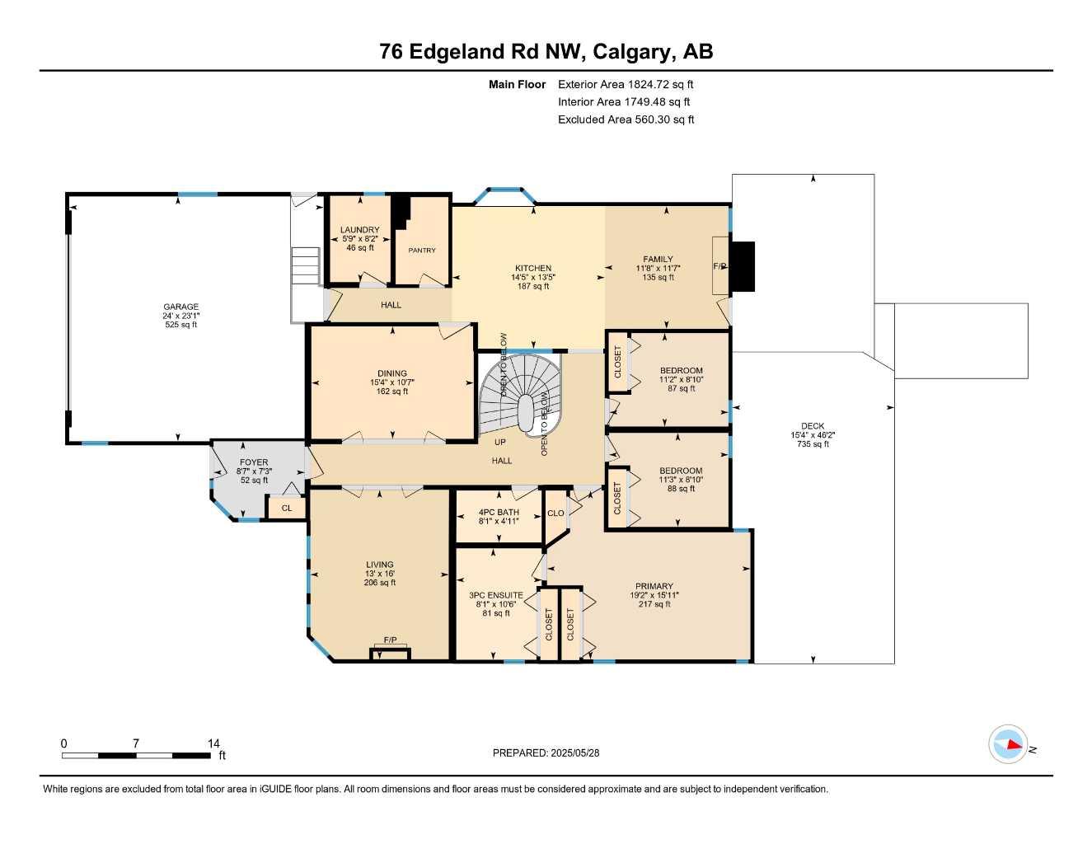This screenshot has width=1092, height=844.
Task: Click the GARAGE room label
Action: coord(180,307)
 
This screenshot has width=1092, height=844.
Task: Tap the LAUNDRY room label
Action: coord(360,230)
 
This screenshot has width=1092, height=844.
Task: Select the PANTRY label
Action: coord(422,251)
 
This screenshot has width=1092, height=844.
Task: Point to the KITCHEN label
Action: coord(533,268)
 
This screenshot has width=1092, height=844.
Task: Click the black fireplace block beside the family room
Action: coord(743,266)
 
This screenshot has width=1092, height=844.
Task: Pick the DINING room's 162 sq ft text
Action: coord(392,392)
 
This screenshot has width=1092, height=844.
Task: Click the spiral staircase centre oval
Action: coord(525,409)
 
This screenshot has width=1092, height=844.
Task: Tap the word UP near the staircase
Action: coord(500,442)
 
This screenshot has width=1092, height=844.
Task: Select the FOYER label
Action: coord(254,462)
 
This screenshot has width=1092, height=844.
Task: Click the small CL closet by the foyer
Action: coord(286,509)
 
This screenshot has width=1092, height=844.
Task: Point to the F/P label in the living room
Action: coord(390,640)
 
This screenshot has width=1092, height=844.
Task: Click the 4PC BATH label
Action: coord(499,512)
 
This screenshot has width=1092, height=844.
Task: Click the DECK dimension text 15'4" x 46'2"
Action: coord(813,435)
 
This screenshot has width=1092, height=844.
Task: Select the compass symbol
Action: coord(1008,745)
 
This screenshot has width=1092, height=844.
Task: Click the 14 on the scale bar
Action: coord(214,743)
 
